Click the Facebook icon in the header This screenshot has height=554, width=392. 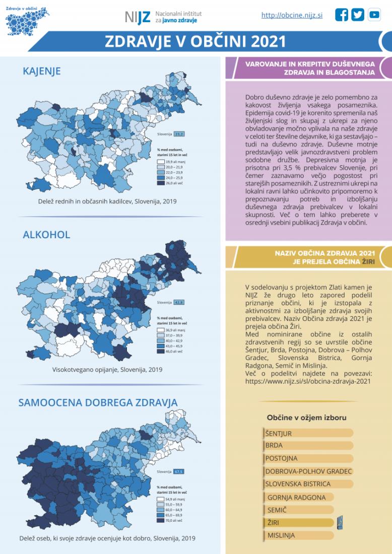(x=342, y=15)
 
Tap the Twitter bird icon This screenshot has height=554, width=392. (x=358, y=15)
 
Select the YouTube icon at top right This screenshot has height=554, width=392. (x=374, y=15)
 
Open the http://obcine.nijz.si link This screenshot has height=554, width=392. (x=292, y=16)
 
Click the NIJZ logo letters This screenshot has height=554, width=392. (x=138, y=18)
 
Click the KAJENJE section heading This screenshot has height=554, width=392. (x=42, y=71)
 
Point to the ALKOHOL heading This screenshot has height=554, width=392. (x=46, y=235)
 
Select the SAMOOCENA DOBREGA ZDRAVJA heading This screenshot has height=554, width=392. (x=98, y=402)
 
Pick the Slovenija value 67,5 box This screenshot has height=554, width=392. (x=178, y=471)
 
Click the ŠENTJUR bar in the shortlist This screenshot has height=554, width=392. (x=308, y=433)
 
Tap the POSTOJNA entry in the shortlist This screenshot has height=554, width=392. (x=308, y=458)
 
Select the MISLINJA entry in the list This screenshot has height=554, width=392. (x=298, y=535)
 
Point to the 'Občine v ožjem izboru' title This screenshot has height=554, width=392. (x=306, y=418)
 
